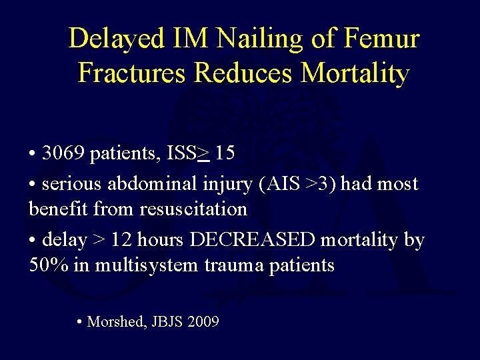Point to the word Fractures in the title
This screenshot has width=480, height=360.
[132, 73]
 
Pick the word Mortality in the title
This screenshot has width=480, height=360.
[355, 73]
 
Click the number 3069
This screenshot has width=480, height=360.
[64, 153]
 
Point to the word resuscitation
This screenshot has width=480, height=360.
[193, 209]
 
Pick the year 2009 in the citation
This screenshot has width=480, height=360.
[203, 322]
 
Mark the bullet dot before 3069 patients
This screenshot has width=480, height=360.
[32, 153]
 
